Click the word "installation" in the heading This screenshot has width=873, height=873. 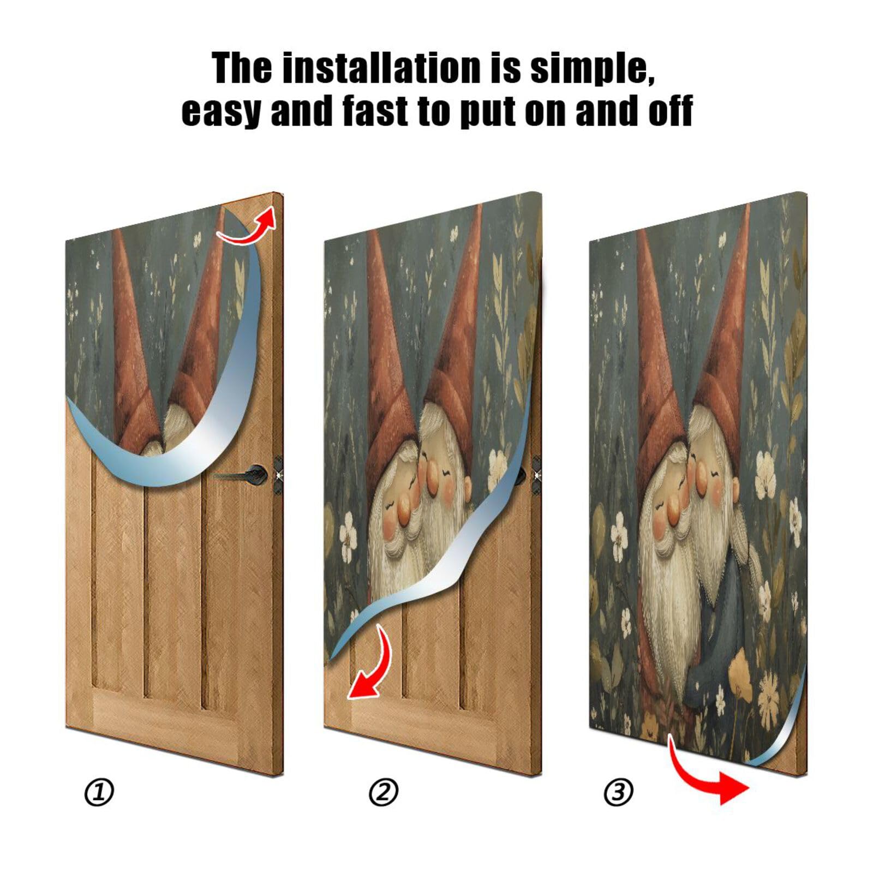(x=382, y=68)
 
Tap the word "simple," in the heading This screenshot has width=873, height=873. (x=591, y=68)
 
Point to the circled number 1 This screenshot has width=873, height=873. (x=99, y=792)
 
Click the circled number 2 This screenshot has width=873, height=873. (x=384, y=792)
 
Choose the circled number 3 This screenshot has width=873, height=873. (x=618, y=792)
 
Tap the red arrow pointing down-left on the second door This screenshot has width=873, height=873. (x=372, y=668)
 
